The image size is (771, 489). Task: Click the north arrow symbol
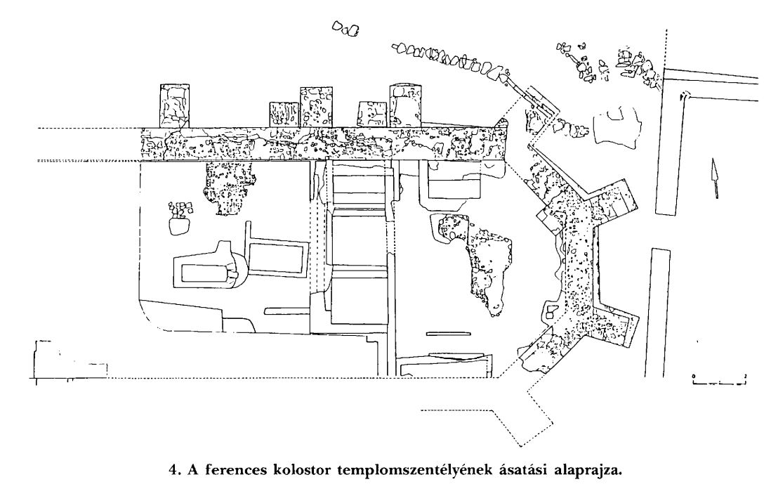(x=714, y=178)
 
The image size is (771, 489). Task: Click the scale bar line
(x=719, y=382)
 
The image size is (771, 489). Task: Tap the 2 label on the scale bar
(x=746, y=376)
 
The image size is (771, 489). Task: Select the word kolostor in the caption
(x=301, y=470)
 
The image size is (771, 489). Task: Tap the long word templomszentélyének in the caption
(x=415, y=471)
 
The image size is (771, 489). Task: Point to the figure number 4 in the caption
(x=173, y=470)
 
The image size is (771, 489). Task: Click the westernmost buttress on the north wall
(x=175, y=106)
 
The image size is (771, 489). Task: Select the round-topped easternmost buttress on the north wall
(x=406, y=106)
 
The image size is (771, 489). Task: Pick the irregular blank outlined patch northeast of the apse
(x=618, y=127)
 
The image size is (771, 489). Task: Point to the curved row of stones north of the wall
(x=452, y=60)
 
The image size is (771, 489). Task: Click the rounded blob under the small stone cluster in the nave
(x=179, y=226)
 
